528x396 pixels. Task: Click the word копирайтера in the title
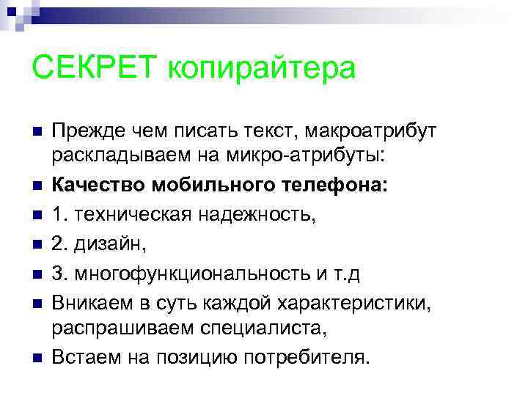(x=263, y=70)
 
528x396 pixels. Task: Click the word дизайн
(x=99, y=243)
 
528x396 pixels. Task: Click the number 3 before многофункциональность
(x=56, y=273)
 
